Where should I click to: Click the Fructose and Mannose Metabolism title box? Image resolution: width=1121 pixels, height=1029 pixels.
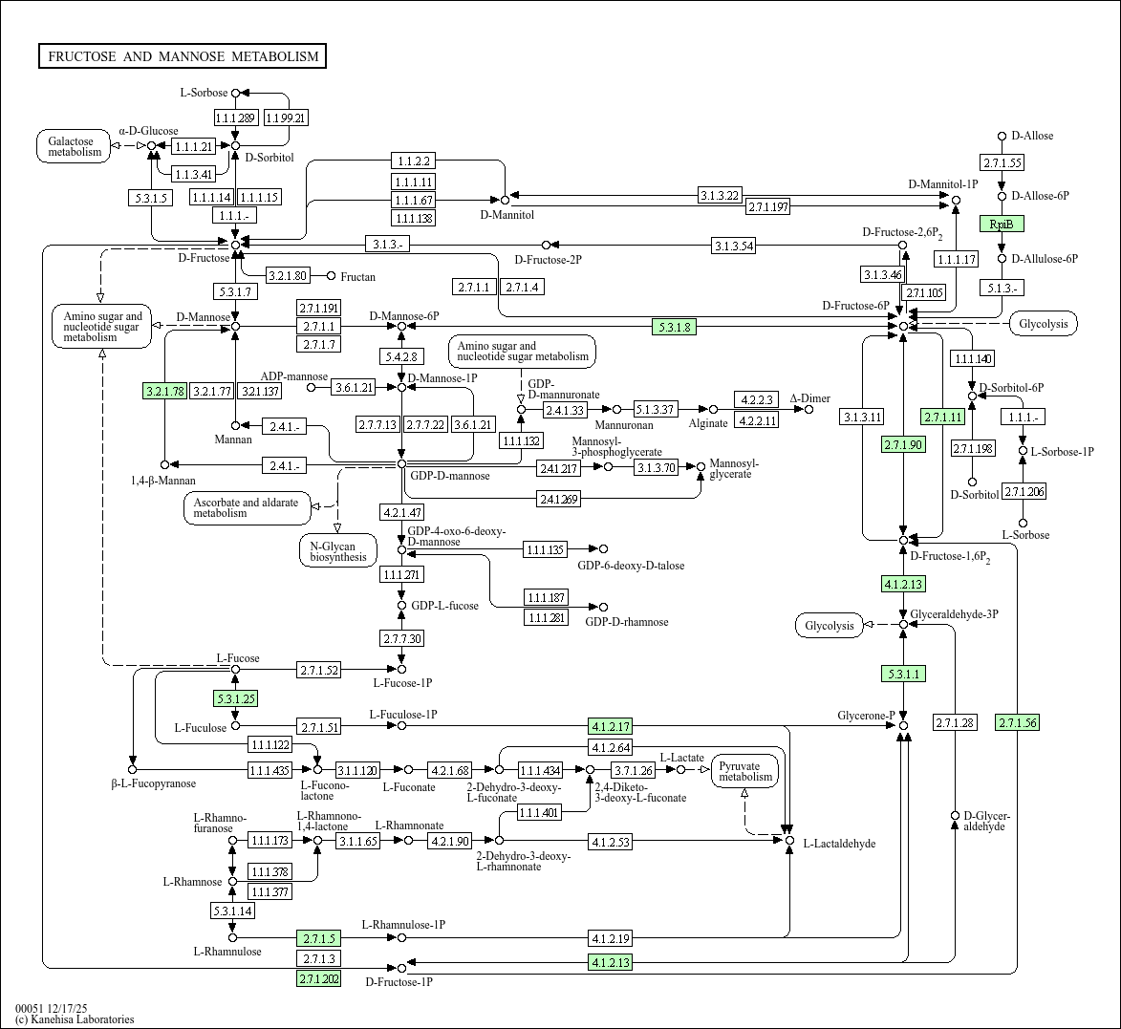[183, 56]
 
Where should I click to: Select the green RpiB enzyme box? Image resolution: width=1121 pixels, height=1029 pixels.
[1002, 224]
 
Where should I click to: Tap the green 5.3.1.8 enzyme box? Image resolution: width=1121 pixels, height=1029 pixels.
[674, 327]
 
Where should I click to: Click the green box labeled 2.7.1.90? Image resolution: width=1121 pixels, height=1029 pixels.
[903, 444]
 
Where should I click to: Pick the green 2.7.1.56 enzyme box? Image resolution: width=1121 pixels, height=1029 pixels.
[1016, 722]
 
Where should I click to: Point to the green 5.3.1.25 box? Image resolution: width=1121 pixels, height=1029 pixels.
[236, 698]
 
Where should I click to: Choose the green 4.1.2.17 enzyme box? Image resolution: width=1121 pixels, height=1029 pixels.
[611, 726]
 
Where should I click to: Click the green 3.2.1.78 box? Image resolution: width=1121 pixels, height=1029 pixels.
[164, 391]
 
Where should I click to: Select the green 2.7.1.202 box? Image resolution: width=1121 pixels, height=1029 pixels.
[318, 978]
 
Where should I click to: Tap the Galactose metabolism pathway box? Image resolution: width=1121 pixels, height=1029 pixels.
[75, 146]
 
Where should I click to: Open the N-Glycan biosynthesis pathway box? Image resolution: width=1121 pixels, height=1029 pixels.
[337, 550]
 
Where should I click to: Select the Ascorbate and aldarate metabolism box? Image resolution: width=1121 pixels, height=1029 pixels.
[246, 507]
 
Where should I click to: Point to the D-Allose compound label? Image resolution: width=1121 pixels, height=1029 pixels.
[1032, 136]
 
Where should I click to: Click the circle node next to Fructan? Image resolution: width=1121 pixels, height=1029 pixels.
[332, 276]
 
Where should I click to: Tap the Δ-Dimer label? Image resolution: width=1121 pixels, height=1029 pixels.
[809, 398]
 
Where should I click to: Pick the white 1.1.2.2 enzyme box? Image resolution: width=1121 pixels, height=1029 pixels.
[413, 161]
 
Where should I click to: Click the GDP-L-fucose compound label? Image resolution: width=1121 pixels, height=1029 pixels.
[444, 606]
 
